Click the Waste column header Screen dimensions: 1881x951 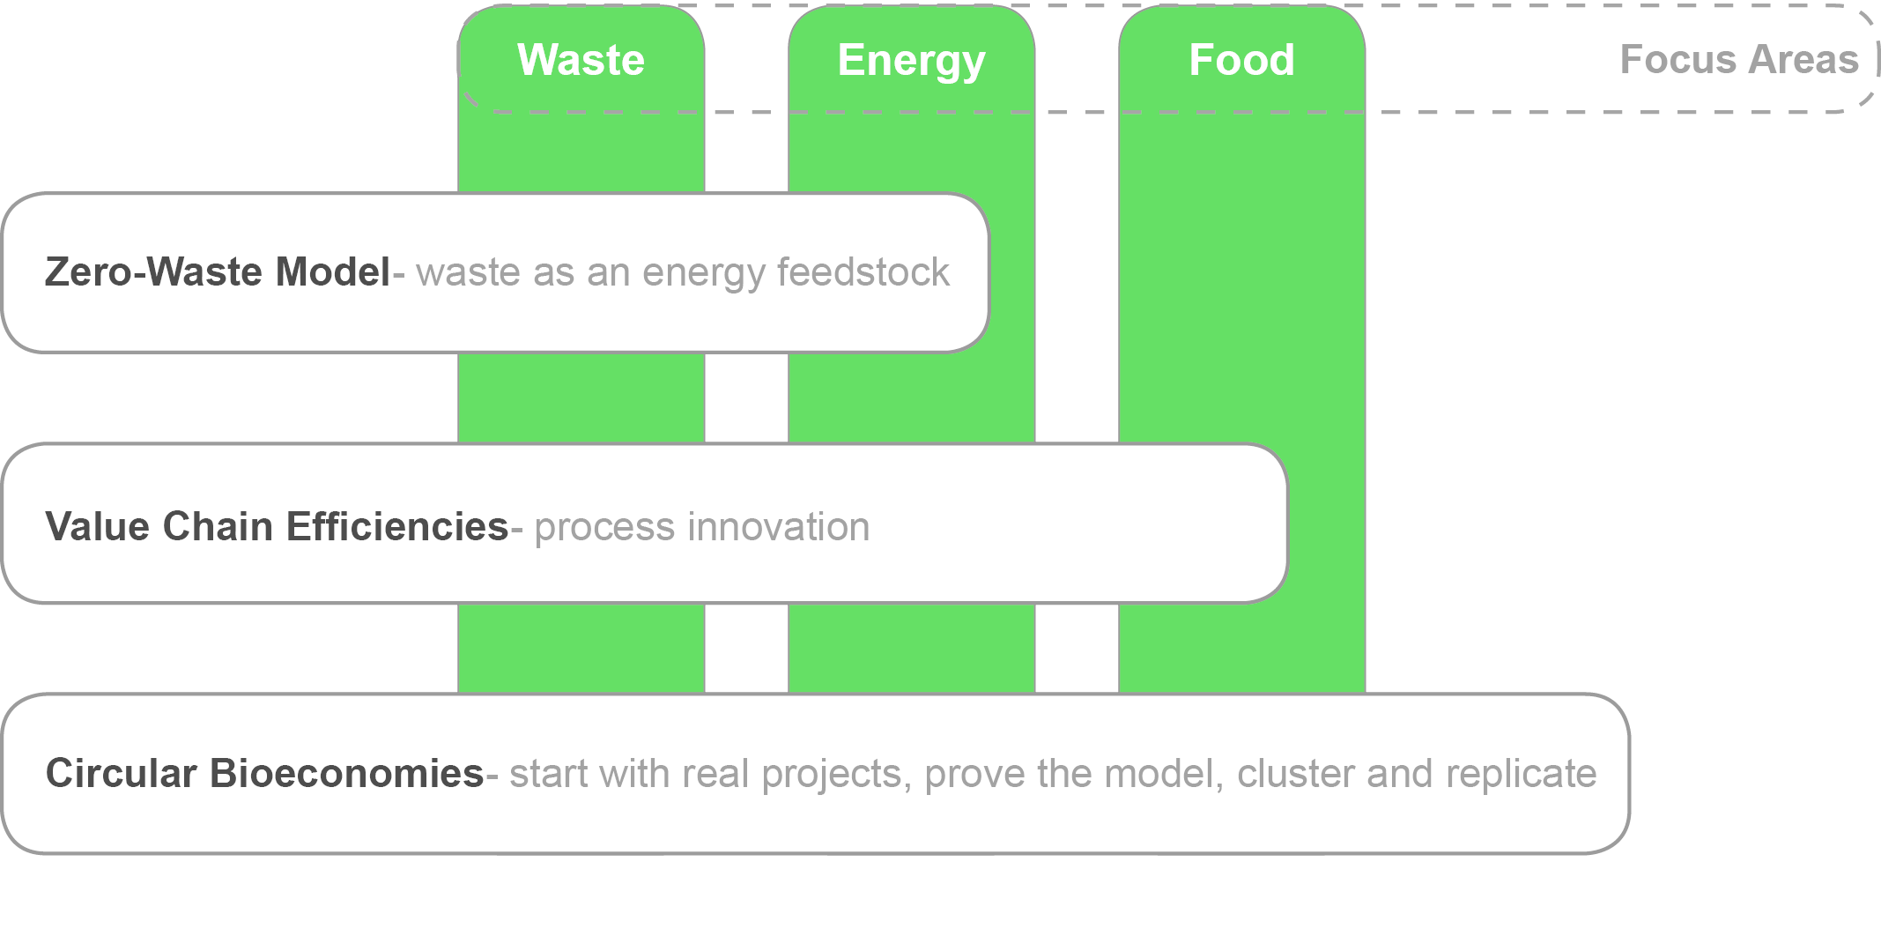point(581,60)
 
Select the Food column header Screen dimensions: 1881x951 point(1241,60)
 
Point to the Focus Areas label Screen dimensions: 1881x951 point(1739,60)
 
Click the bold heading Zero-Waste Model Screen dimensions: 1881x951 point(218,271)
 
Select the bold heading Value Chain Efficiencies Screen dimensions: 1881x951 point(277,526)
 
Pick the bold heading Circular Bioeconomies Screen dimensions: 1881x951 point(264,773)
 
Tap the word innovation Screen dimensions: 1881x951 point(779,526)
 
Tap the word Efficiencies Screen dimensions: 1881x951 point(397,526)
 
